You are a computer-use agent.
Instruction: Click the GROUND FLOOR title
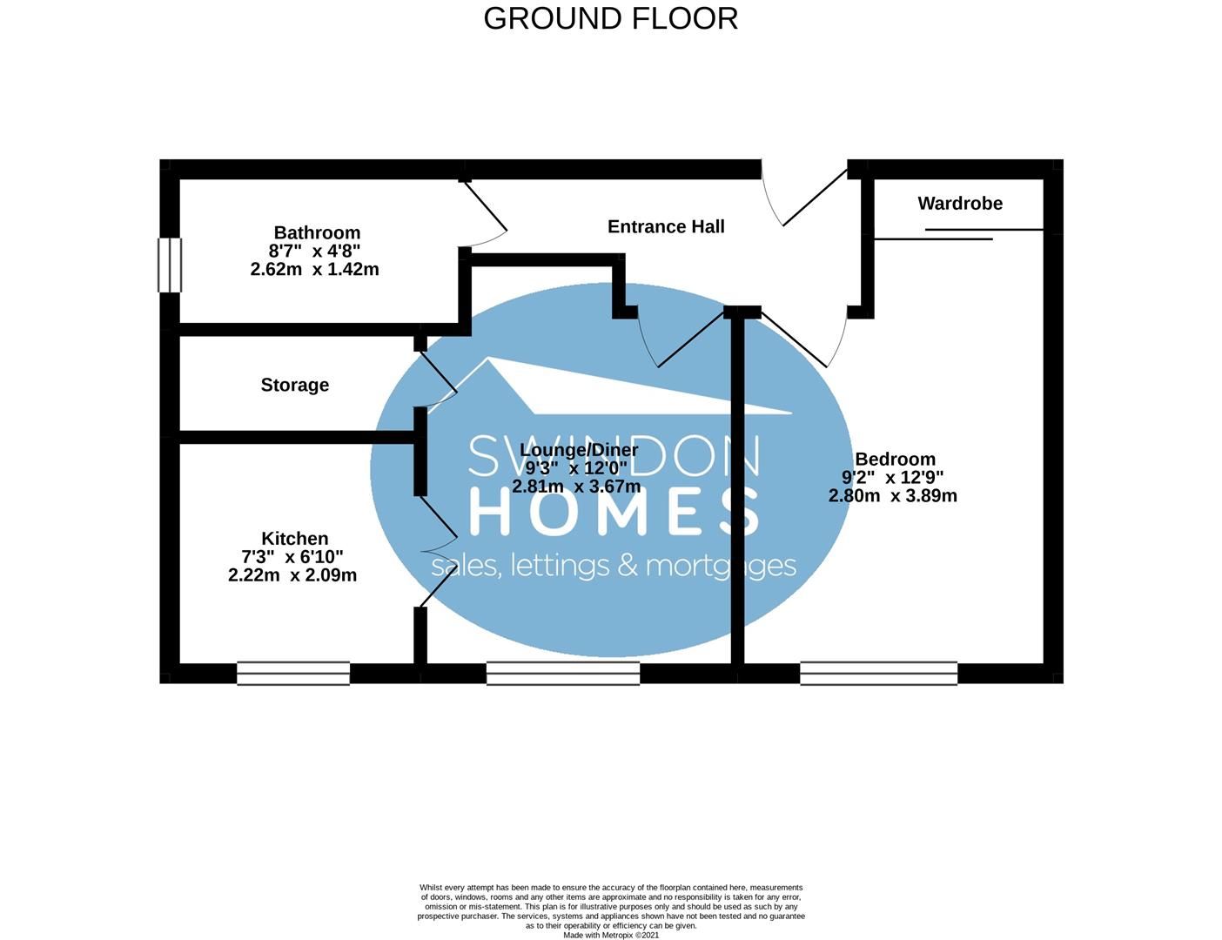click(x=610, y=19)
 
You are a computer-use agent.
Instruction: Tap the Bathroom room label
click(x=317, y=232)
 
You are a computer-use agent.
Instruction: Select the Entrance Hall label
click(x=666, y=226)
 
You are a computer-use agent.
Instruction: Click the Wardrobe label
click(x=960, y=203)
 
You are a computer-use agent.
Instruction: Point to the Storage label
click(x=295, y=385)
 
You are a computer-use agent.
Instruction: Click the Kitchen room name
click(x=295, y=539)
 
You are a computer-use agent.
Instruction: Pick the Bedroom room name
click(x=896, y=459)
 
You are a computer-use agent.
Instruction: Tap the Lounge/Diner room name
click(x=579, y=450)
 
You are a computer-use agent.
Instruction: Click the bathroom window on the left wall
click(x=170, y=265)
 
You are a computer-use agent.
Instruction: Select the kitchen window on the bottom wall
click(x=293, y=673)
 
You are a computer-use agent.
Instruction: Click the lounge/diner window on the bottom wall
click(x=563, y=673)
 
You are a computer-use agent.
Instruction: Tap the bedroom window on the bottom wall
click(x=878, y=673)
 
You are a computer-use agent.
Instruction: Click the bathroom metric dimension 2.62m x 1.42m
click(x=314, y=269)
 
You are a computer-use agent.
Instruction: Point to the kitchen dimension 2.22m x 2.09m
click(x=292, y=575)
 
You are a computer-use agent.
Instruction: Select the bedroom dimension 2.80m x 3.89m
click(x=892, y=496)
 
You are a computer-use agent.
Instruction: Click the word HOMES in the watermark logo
click(x=614, y=511)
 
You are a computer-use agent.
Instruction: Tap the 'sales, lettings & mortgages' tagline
click(x=614, y=567)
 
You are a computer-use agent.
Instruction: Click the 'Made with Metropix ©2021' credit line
click(x=611, y=936)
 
